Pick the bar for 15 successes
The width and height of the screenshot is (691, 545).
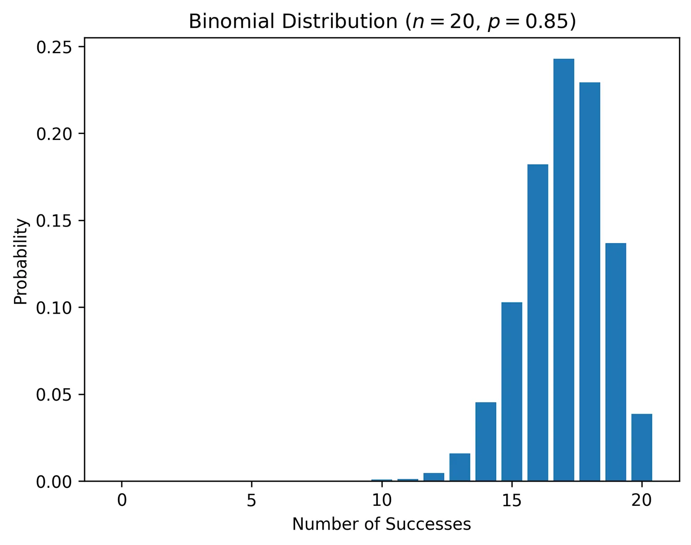(511, 392)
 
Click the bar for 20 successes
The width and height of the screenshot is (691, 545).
(642, 447)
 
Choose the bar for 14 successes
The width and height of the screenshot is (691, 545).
(486, 441)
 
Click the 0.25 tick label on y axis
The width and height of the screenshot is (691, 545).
(54, 47)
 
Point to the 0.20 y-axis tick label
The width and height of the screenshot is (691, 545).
(54, 134)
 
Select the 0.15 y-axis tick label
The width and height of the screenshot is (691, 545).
(54, 221)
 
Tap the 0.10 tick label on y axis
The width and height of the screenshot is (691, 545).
(54, 307)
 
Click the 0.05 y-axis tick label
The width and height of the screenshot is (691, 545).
(54, 394)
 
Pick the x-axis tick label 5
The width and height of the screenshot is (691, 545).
(251, 500)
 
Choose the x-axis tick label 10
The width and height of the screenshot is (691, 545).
(381, 500)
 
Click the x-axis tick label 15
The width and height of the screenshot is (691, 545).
(511, 500)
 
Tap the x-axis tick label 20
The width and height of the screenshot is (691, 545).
(642, 500)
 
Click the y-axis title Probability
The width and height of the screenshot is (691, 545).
(21, 261)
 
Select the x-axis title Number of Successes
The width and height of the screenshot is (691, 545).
(381, 524)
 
